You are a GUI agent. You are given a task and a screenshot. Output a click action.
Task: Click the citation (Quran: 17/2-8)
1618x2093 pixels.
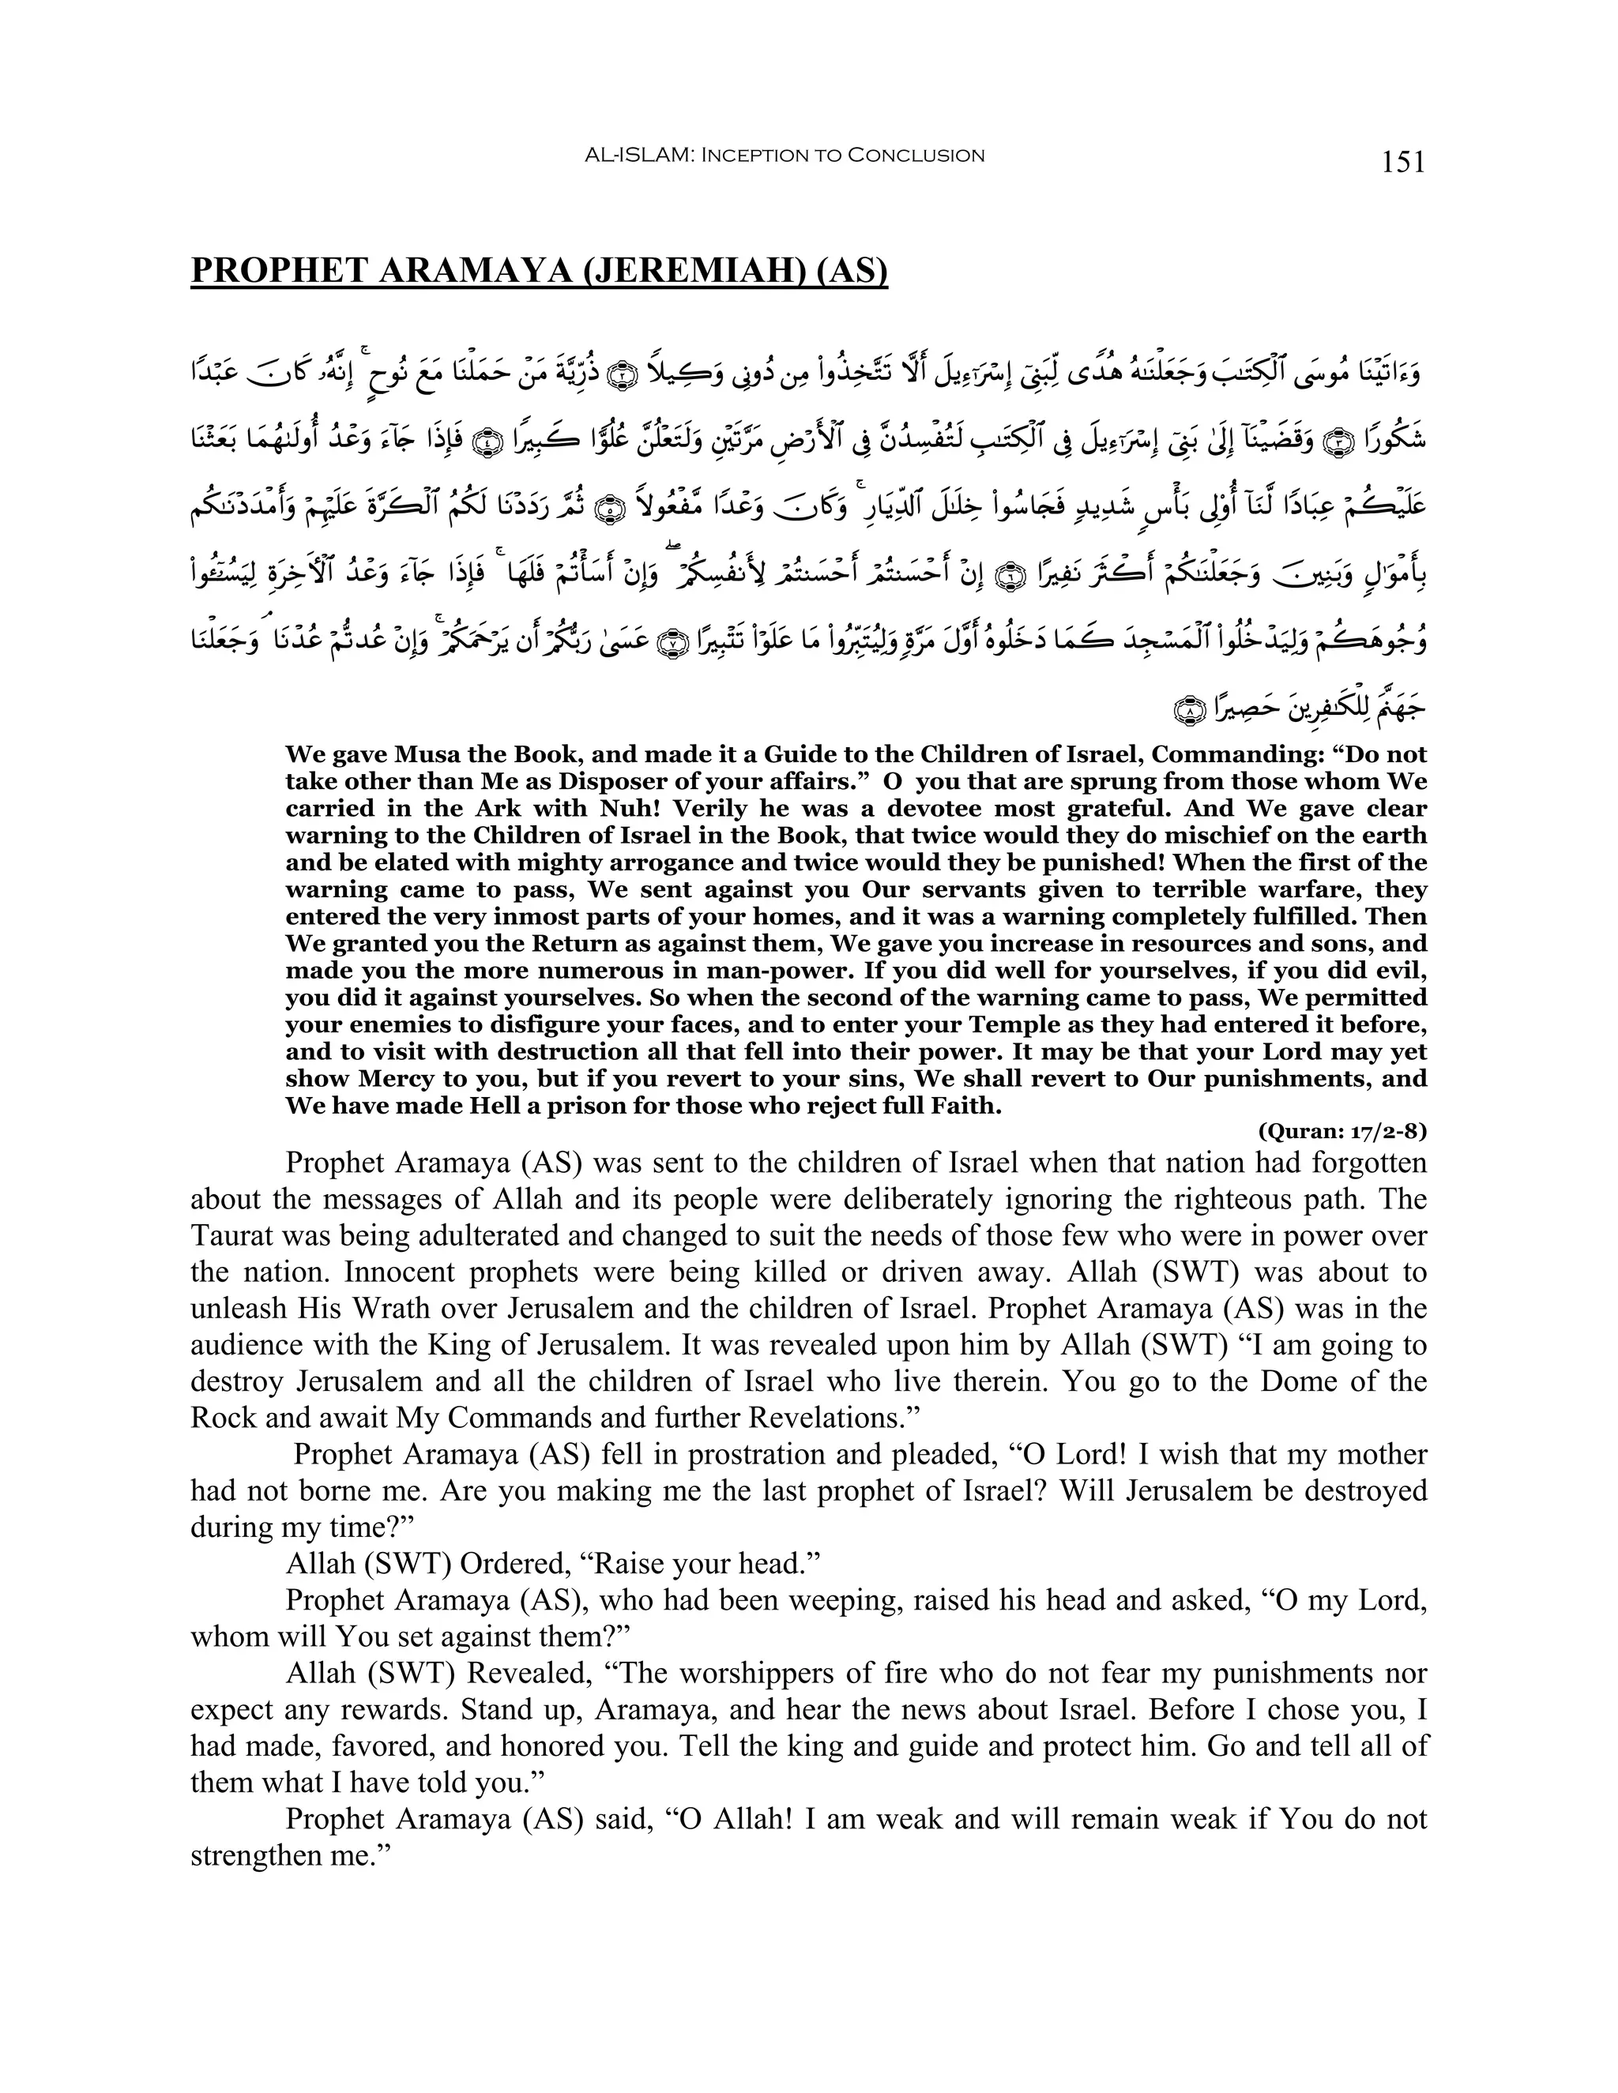(1342, 1132)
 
